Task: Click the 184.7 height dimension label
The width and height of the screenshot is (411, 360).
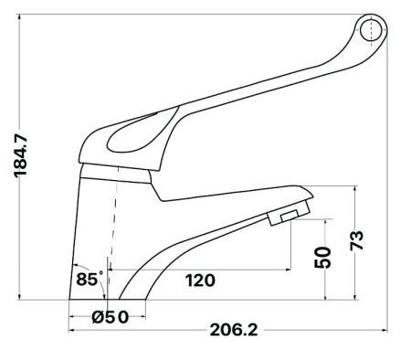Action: [21, 155]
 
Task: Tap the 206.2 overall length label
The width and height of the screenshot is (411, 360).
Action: [234, 330]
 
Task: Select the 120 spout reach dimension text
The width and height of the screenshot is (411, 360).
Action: [200, 281]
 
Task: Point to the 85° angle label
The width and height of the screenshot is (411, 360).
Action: [90, 279]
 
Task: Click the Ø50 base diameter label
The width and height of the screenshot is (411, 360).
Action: [111, 317]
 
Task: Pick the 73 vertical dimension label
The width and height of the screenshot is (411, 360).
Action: [357, 240]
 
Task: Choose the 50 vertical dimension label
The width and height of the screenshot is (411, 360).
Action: [322, 258]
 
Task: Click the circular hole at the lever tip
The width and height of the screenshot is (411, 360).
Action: [371, 31]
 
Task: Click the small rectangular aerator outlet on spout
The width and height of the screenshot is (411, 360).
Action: [290, 216]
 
